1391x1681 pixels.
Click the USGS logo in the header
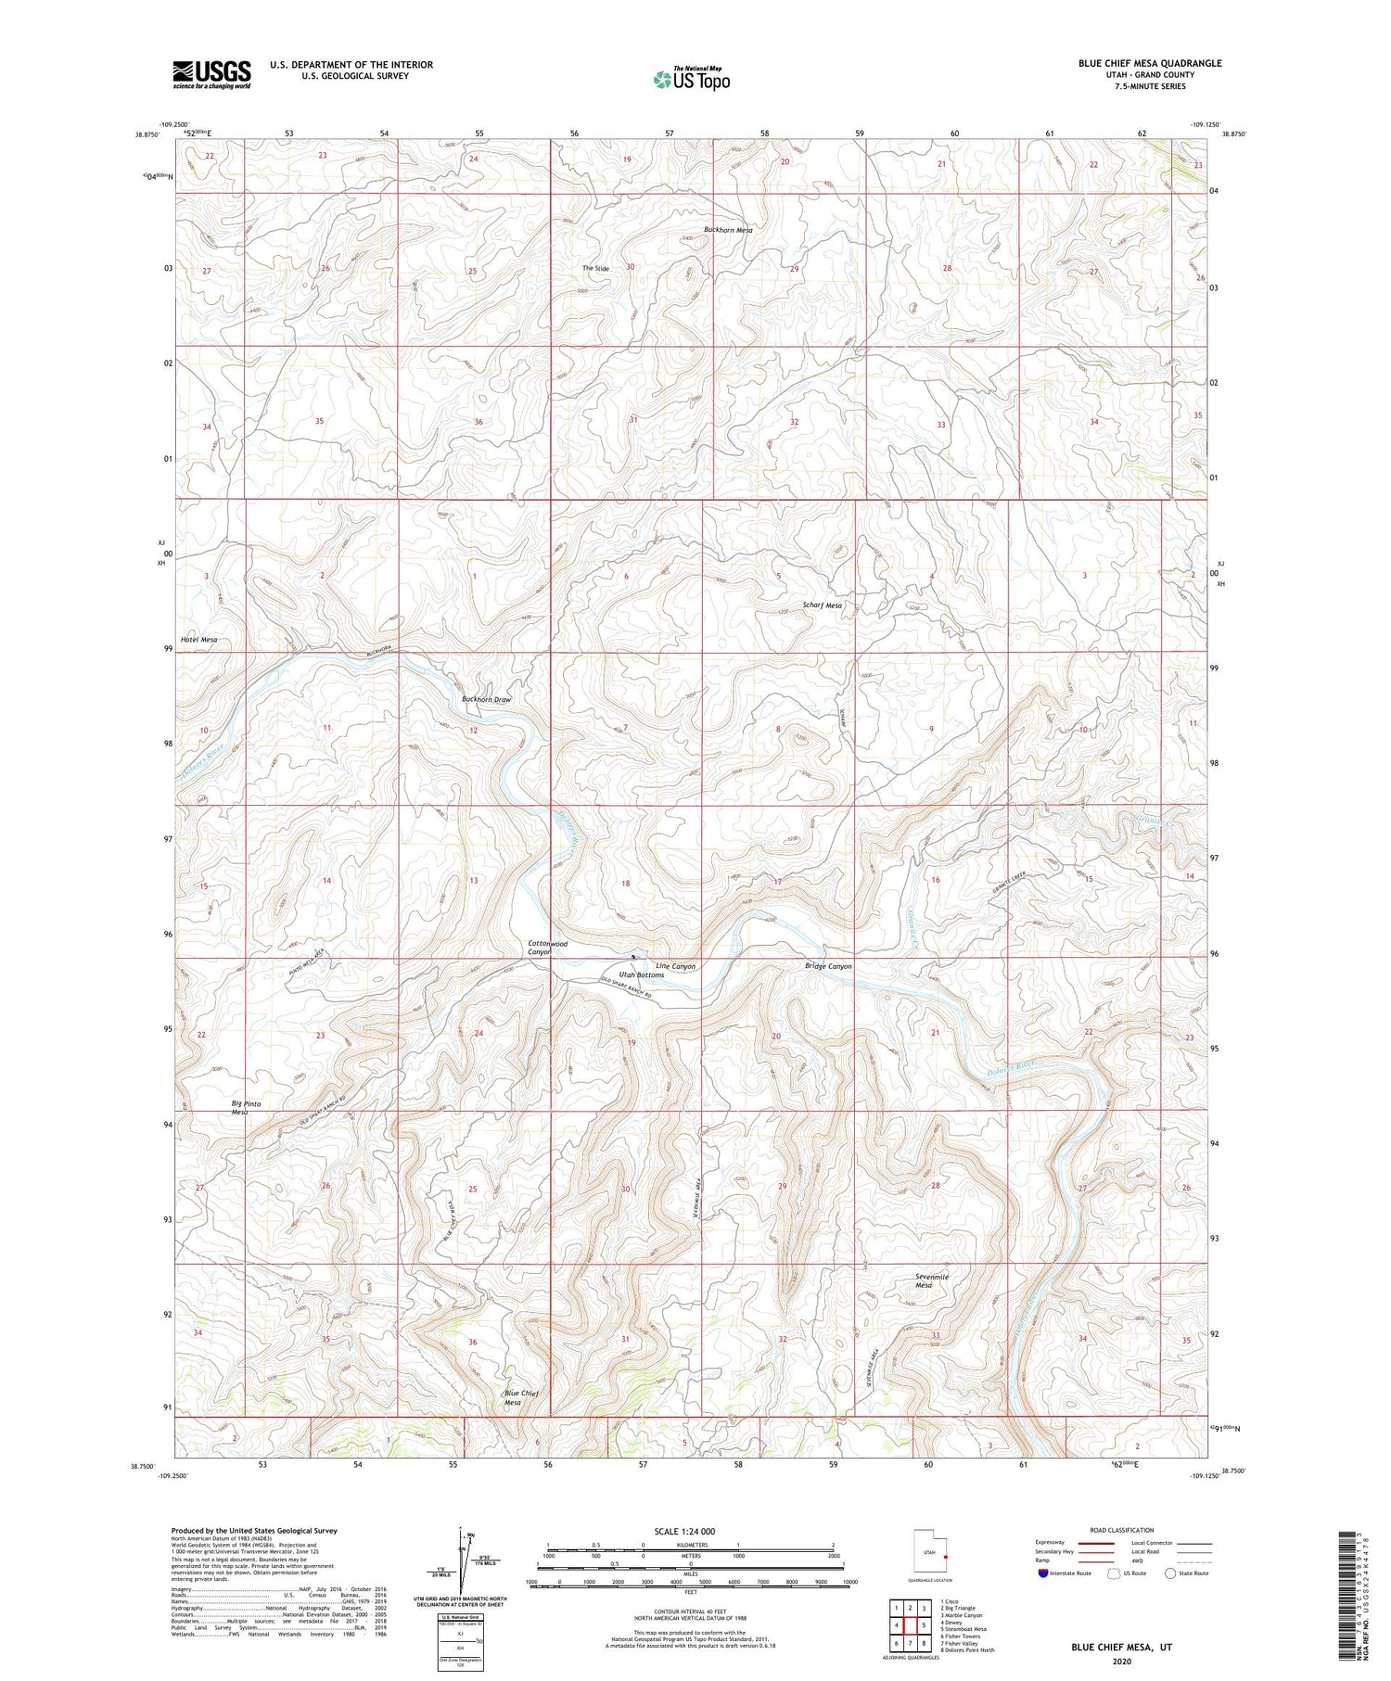coord(211,74)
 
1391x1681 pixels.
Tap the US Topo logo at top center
coord(692,79)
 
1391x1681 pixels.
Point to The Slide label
coord(595,268)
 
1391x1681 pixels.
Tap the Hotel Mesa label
coord(199,640)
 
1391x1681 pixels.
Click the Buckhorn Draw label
coord(487,700)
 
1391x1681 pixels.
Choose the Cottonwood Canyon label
coord(547,948)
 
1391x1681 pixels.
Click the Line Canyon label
coord(675,966)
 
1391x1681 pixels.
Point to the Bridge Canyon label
coord(828,966)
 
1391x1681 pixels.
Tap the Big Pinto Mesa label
coord(246,1108)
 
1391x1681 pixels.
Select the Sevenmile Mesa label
coord(932,1281)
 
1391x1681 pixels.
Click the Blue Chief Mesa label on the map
coord(520,1398)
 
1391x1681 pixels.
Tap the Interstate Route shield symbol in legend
coord(1044,1573)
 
